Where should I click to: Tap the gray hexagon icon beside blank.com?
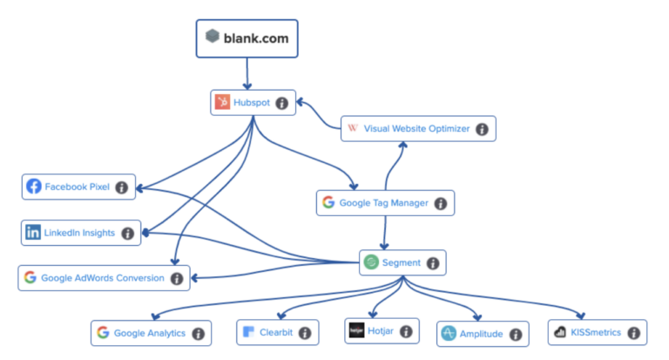213,37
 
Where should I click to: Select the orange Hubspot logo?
222,103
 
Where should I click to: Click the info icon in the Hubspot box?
281,103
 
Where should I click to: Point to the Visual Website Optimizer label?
416,129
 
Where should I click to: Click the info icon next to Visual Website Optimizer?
482,129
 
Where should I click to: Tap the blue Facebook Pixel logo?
34,187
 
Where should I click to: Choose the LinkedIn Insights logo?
33,233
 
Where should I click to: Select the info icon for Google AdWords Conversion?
177,279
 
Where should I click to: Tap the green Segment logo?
371,262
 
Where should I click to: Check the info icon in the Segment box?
432,262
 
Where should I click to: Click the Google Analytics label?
148,333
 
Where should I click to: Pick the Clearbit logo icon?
248,332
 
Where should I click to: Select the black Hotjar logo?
355,331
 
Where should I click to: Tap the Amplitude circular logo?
449,333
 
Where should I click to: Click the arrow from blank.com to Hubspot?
247,73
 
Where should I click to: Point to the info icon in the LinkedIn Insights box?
128,233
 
